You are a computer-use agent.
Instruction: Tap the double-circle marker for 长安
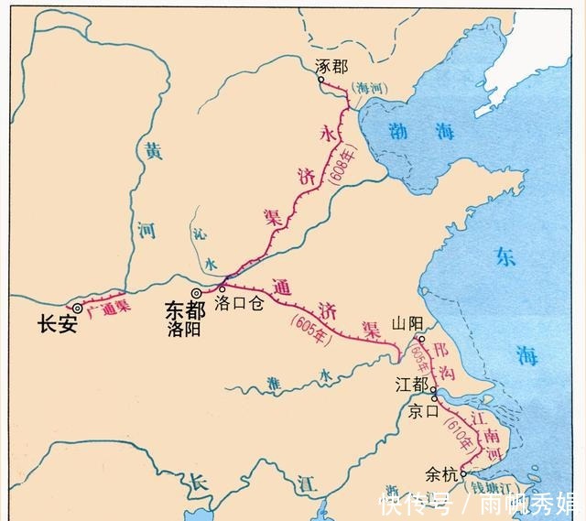(79, 309)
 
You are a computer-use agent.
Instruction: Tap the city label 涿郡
(331, 66)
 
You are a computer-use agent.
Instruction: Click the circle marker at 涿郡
(321, 80)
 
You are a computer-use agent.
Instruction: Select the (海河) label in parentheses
(371, 88)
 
